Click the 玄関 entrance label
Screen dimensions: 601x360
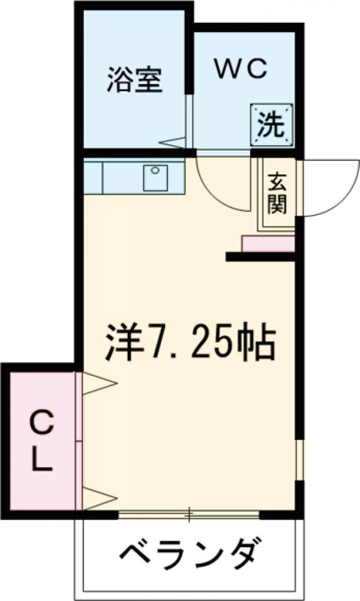tap(277, 193)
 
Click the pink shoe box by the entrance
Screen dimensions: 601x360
tap(268, 244)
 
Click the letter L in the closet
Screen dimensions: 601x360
tap(41, 461)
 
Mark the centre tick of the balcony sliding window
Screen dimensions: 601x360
tap(189, 513)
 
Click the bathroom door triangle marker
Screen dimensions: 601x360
tap(175, 142)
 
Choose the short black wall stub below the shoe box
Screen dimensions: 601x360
tap(260, 257)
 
